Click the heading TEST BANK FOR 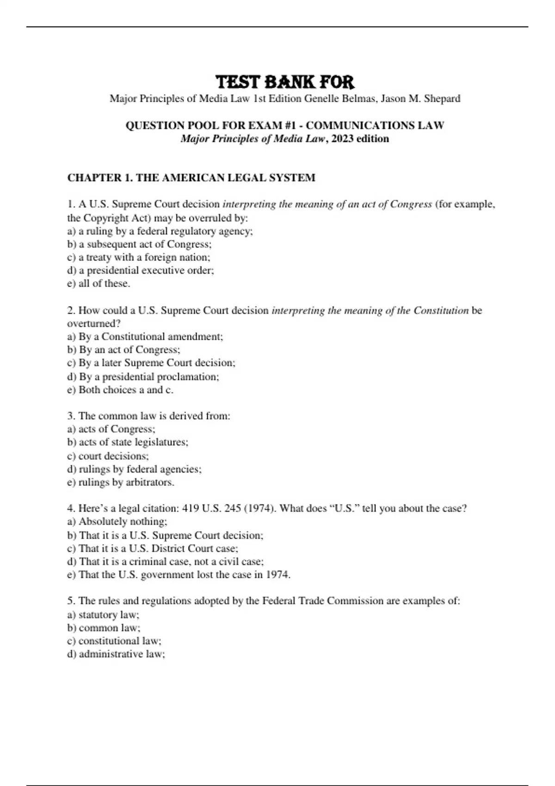pyautogui.click(x=285, y=82)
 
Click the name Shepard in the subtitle pyautogui.click(x=442, y=98)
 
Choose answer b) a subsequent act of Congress pyautogui.click(x=139, y=244)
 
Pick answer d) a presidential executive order pyautogui.click(x=141, y=270)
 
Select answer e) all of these pyautogui.click(x=99, y=283)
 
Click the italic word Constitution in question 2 pyautogui.click(x=441, y=310)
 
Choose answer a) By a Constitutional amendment pyautogui.click(x=145, y=337)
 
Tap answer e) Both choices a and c pyautogui.click(x=120, y=390)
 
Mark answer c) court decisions pyautogui.click(x=108, y=456)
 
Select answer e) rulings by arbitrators pyautogui.click(x=121, y=482)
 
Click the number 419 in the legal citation pyautogui.click(x=191, y=509)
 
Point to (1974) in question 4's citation pyautogui.click(x=260, y=509)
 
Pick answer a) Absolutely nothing pyautogui.click(x=117, y=522)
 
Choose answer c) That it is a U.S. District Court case pyautogui.click(x=153, y=548)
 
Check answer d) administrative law pyautogui.click(x=116, y=654)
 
